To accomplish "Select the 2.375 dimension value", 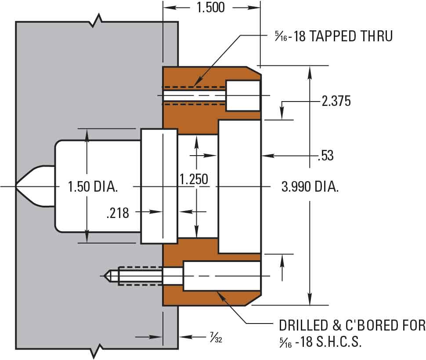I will click(x=336, y=102).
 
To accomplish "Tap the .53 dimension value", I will click(x=325, y=156).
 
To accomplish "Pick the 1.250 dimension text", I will click(x=193, y=179).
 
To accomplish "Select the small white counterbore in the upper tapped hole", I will click(x=243, y=96).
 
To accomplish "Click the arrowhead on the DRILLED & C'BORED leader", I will click(x=220, y=295).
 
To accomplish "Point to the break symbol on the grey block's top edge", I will click(x=97, y=21).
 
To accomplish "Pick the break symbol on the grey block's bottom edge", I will click(x=97, y=352).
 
